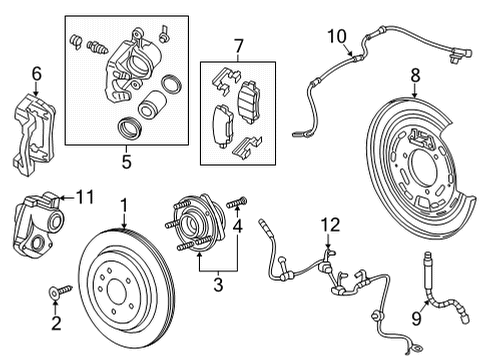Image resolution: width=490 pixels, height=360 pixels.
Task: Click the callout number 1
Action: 124,205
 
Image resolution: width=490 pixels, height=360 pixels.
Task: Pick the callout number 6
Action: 37,72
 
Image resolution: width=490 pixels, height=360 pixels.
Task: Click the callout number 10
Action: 334,36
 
